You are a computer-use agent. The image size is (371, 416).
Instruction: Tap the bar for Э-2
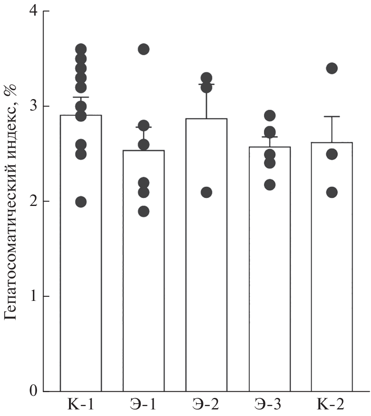(x=206, y=255)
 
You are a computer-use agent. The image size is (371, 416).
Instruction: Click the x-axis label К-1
(x=81, y=405)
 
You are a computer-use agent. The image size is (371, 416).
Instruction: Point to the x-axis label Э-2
(x=206, y=405)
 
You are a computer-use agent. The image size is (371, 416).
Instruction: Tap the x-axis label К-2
(x=332, y=405)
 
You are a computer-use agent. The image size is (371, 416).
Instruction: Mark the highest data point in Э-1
(x=143, y=49)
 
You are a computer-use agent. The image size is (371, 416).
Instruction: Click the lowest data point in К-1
(x=81, y=202)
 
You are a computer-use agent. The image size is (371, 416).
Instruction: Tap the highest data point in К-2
(x=332, y=68)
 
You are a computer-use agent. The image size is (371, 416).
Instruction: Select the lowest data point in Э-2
(x=206, y=192)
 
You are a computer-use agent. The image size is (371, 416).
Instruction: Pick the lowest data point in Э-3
(x=269, y=185)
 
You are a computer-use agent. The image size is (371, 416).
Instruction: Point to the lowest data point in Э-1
(x=143, y=212)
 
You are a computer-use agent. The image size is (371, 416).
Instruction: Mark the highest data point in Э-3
(x=269, y=116)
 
